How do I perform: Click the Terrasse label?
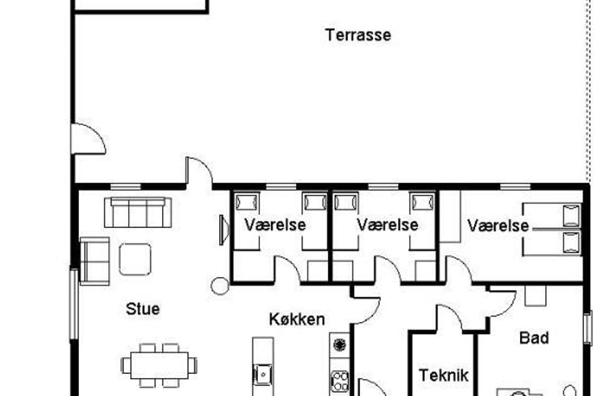pos(358,35)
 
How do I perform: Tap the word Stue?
pos(143,309)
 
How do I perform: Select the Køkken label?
pos(297,319)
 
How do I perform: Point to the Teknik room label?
pos(444,375)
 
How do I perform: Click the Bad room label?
pos(534,338)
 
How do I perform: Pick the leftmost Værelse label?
pos(275,225)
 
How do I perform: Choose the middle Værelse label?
pos(388,225)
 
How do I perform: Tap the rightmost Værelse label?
pos(498,226)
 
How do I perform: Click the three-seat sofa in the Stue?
pos(138,212)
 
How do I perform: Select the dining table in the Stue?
pos(159,365)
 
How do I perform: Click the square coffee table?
pos(135,259)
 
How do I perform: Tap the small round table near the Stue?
pos(220,286)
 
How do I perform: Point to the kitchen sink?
pos(263,374)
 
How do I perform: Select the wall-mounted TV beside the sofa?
pos(225,230)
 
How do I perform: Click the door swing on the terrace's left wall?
pos(89,139)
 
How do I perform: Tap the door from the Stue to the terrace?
pos(199,170)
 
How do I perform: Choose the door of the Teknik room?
pos(449,318)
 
